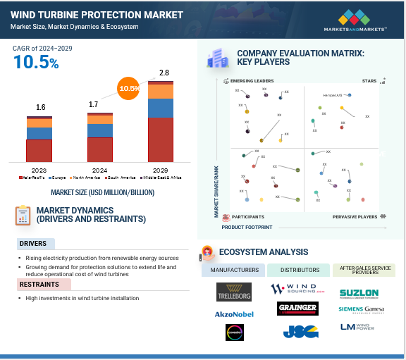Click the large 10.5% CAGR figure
tap(35, 62)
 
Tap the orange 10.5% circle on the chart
tap(128, 89)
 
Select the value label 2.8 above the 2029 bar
tap(164, 73)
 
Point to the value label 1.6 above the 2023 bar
tap(41, 107)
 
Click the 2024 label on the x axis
tap(99, 170)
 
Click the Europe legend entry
tap(56, 178)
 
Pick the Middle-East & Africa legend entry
tap(166, 178)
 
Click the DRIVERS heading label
tap(33, 244)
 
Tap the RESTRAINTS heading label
tap(39, 285)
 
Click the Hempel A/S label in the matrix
tap(331, 94)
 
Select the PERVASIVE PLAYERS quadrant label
tap(355, 217)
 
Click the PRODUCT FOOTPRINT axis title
tap(247, 228)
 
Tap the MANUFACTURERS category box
tap(233, 270)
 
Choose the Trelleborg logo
tap(233, 291)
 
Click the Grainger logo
tap(297, 309)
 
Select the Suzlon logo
tap(360, 292)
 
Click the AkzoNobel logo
tap(233, 314)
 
